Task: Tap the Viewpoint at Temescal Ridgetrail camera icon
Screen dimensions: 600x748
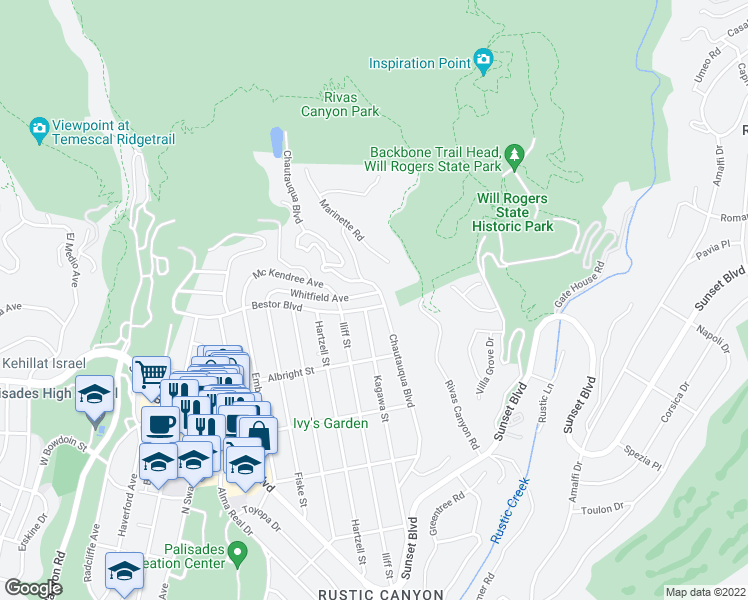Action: (40, 127)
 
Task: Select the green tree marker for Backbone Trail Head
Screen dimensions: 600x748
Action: (514, 155)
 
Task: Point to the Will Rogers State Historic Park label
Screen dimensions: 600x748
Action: (512, 212)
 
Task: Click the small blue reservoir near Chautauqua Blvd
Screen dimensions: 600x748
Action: (275, 141)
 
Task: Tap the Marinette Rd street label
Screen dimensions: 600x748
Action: (341, 222)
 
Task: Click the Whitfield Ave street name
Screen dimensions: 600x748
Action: (319, 297)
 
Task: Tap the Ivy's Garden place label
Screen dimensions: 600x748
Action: (330, 423)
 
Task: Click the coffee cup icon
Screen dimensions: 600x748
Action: (160, 423)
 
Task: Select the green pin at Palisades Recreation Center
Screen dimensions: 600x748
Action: (237, 551)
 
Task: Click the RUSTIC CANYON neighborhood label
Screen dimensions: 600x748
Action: (380, 594)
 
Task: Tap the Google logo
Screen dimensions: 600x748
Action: (33, 588)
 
